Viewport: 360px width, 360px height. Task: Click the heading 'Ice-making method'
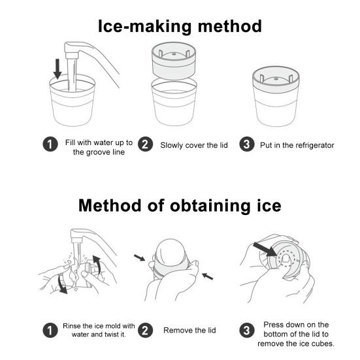click(180, 26)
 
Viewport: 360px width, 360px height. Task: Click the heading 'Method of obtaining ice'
click(180, 206)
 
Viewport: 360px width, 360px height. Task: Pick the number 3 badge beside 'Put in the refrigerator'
click(246, 145)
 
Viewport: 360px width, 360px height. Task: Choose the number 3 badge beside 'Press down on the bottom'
click(246, 331)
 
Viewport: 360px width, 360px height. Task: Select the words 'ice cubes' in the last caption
click(317, 343)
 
